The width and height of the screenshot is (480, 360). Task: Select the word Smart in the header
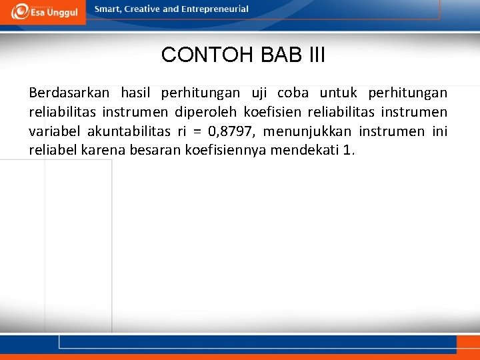(x=107, y=9)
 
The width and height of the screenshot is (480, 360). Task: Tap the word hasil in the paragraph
(x=137, y=93)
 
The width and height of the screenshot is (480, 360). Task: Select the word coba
(x=293, y=93)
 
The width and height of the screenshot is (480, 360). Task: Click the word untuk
(x=337, y=93)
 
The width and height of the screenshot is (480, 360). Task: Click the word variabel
(x=54, y=131)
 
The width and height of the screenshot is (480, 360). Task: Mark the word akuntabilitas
(x=127, y=131)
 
